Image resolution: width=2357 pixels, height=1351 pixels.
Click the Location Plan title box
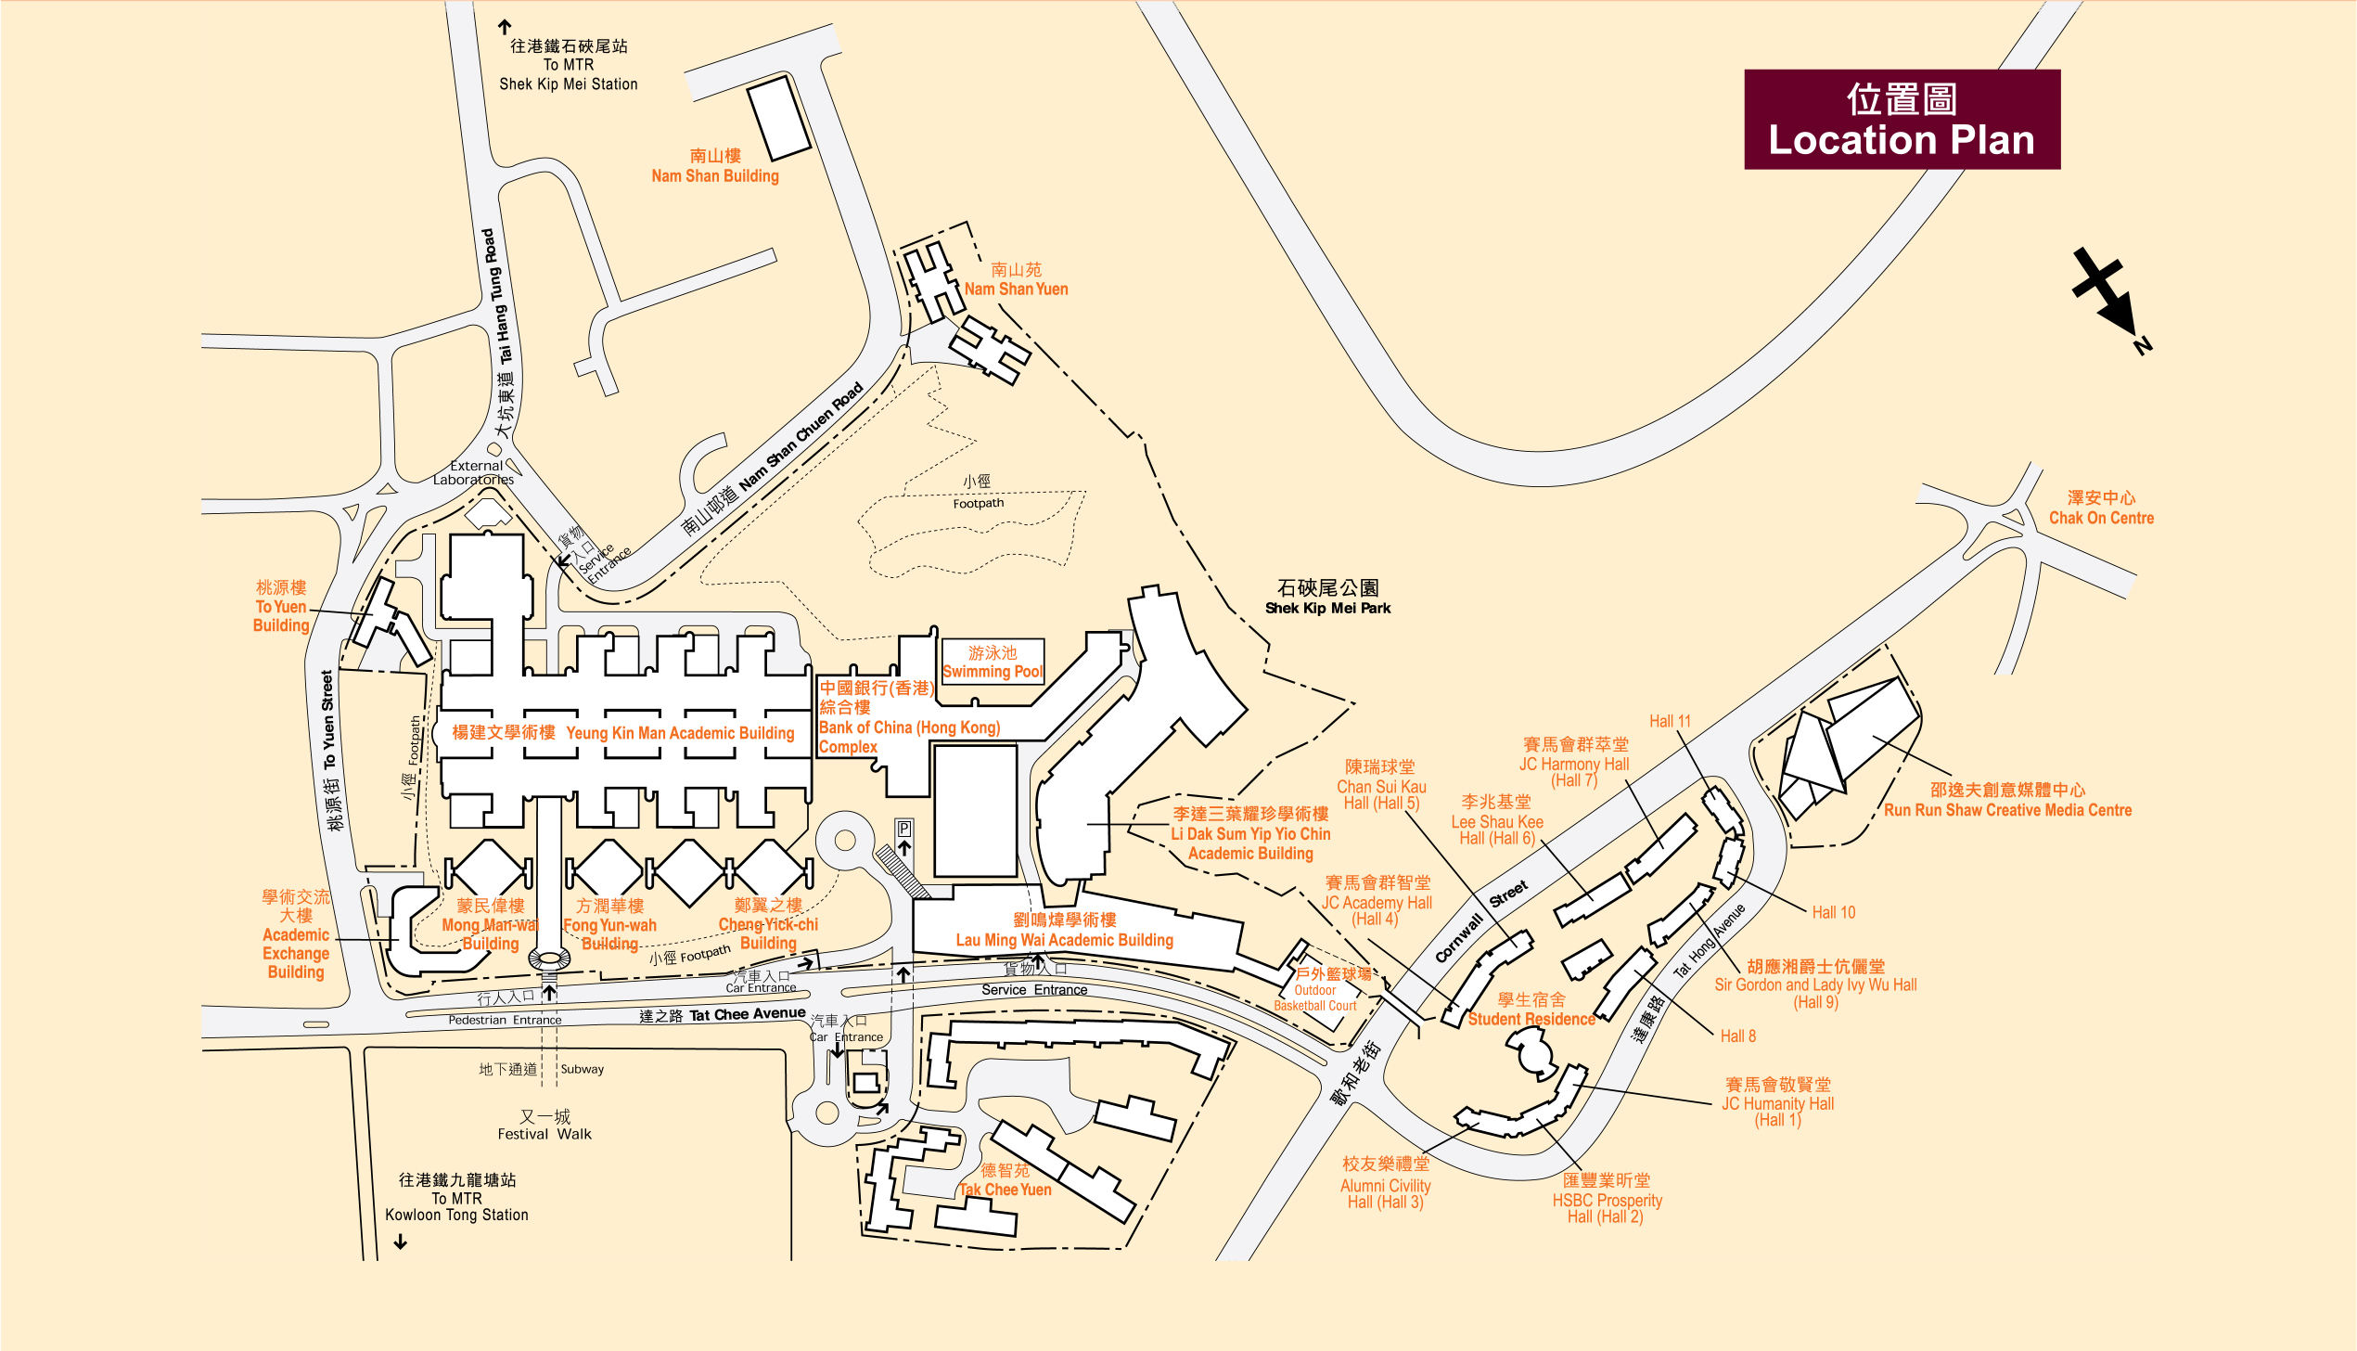(1902, 120)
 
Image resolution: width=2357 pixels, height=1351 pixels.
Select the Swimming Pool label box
(993, 662)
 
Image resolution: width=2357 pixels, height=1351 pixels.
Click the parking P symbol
(903, 829)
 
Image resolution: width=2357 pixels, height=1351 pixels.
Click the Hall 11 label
(1670, 721)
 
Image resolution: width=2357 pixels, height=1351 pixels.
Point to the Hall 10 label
(1834, 912)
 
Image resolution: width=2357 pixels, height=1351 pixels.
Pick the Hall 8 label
(1737, 1036)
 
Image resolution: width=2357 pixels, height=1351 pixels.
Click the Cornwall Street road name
(1480, 922)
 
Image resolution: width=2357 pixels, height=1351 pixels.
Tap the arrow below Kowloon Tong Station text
(401, 1242)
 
